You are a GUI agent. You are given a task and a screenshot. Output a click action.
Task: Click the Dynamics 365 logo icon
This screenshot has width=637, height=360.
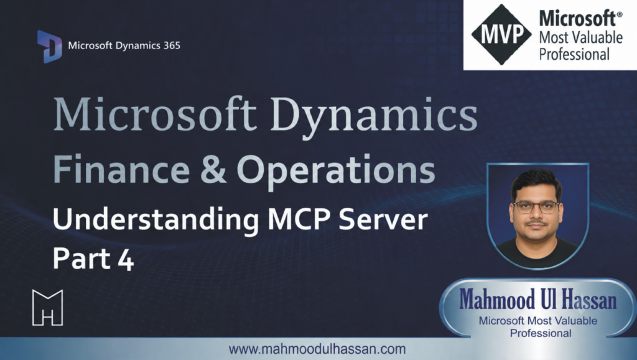pyautogui.click(x=50, y=46)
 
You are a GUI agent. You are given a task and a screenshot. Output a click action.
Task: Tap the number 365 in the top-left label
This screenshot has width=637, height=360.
pyautogui.click(x=172, y=45)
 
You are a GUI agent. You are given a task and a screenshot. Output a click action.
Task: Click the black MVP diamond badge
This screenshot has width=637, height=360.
pyautogui.click(x=501, y=34)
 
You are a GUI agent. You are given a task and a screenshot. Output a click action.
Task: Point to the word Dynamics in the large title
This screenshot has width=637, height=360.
pyautogui.click(x=374, y=116)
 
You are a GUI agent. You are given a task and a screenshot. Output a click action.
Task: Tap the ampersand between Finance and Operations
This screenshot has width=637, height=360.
pyautogui.click(x=213, y=170)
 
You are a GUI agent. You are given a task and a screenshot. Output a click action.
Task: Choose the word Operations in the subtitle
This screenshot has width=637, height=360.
pyautogui.click(x=336, y=171)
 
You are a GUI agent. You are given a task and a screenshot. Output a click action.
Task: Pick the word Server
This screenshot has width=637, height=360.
pyautogui.click(x=383, y=220)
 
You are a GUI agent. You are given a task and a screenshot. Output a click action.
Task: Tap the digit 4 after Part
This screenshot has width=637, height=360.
pyautogui.click(x=126, y=259)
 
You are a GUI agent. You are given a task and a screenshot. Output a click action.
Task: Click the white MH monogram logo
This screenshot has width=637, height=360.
pyautogui.click(x=47, y=307)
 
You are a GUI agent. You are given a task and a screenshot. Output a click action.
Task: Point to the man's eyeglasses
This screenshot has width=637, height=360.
pyautogui.click(x=536, y=207)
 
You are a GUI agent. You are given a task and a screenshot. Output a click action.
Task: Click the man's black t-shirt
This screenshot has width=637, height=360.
pyautogui.click(x=537, y=252)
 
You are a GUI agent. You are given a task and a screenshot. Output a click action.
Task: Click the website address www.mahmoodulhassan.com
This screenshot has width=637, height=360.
pyautogui.click(x=317, y=349)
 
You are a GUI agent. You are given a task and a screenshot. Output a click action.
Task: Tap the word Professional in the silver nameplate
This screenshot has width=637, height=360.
pyautogui.click(x=541, y=333)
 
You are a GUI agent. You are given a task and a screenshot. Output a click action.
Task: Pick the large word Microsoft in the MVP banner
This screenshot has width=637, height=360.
pyautogui.click(x=580, y=19)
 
